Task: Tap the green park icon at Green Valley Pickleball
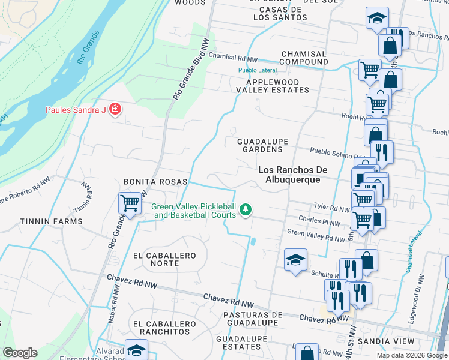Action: pos(245,209)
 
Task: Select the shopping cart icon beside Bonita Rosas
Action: pos(130,203)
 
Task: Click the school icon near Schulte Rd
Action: pos(295,259)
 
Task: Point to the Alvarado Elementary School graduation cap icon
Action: pos(137,350)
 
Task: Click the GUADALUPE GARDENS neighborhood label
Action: pos(263,145)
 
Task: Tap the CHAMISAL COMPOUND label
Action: pos(304,58)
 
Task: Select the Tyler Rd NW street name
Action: pos(332,207)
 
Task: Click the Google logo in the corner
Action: pos(20,353)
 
